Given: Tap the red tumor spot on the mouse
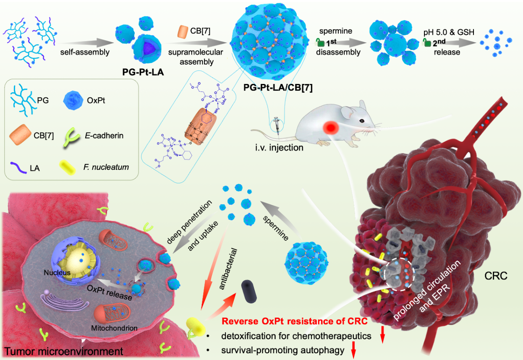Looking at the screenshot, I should pyautogui.click(x=332, y=127).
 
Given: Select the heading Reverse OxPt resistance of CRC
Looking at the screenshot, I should pyautogui.click(x=295, y=322).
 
